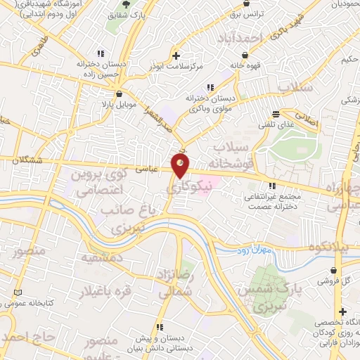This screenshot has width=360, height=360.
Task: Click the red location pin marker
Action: click(181, 166)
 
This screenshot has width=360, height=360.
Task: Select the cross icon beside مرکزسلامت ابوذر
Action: click(176, 54)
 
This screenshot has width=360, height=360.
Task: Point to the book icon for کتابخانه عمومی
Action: click(18, 292)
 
